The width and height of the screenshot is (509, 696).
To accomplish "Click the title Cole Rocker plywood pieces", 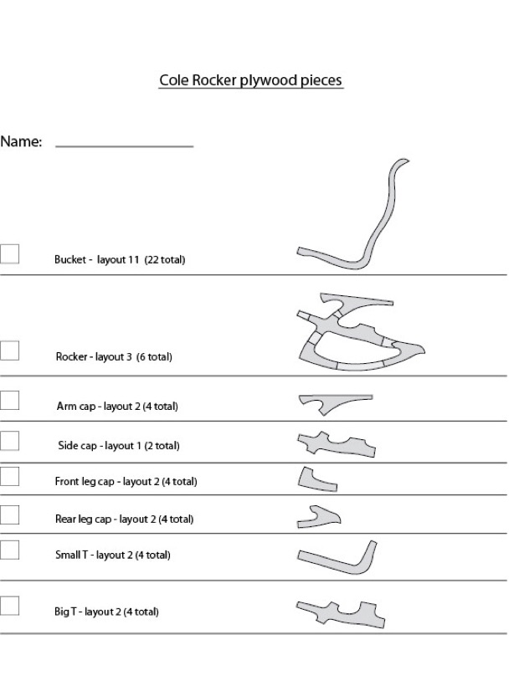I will point(251,81).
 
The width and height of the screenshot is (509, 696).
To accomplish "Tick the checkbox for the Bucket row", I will point(10,253).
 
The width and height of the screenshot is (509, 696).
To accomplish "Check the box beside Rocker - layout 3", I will point(10,350).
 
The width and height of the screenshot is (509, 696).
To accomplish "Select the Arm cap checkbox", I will point(10,400).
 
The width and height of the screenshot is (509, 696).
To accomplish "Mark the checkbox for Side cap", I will point(10,440).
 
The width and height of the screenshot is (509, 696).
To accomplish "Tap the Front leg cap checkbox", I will point(10,476).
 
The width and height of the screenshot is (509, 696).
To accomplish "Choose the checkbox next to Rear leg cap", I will point(10,514).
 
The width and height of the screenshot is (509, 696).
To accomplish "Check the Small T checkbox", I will point(10,550).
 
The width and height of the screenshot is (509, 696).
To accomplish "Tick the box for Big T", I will point(10,605).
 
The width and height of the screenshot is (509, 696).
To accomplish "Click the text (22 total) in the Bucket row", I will point(165,260).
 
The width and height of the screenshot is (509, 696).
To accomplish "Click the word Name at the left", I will point(21,142).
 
